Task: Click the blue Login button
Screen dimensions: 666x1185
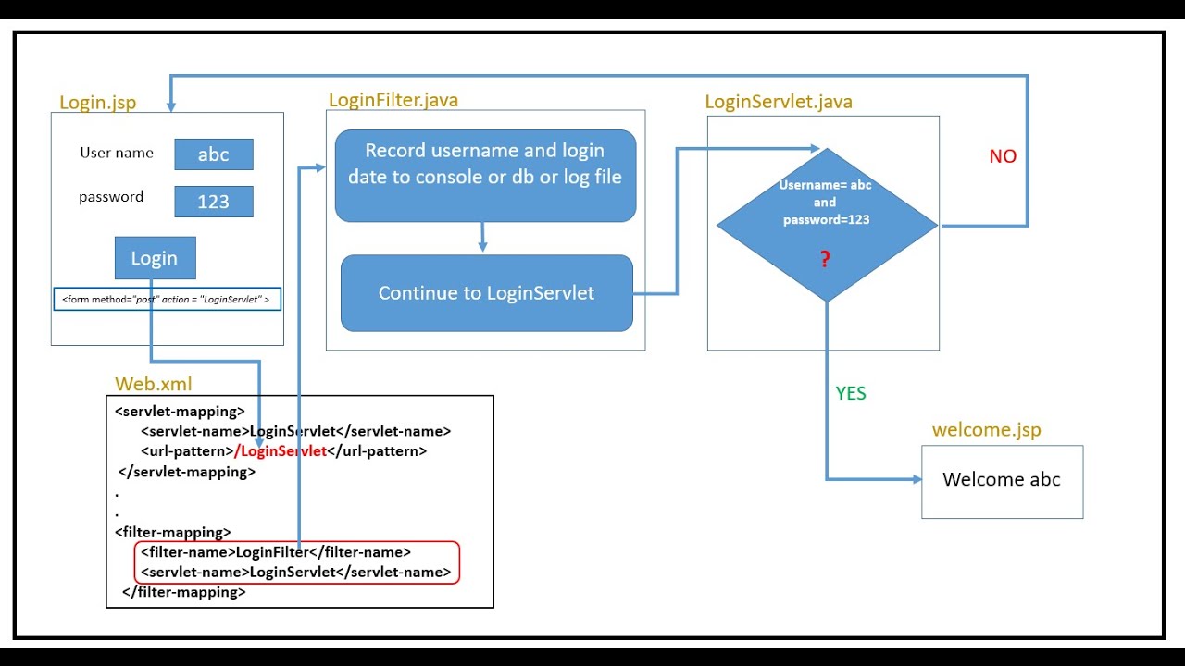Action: click(x=155, y=258)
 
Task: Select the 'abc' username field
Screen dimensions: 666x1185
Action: click(x=213, y=154)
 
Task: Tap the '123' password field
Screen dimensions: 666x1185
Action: click(x=213, y=202)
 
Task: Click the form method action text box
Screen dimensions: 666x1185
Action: click(x=167, y=299)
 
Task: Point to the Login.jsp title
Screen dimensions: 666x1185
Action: click(x=97, y=103)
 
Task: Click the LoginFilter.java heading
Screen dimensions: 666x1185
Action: click(x=393, y=100)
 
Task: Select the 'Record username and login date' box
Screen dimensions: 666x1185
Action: click(x=485, y=175)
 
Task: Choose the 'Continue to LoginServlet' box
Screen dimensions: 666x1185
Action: click(x=486, y=293)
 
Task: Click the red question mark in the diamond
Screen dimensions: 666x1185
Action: click(x=825, y=260)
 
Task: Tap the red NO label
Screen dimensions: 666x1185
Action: click(x=1003, y=156)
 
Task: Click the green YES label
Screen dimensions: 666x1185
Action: click(x=851, y=393)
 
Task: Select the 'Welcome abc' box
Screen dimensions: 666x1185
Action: click(x=1002, y=481)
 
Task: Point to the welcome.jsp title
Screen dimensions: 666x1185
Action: click(x=986, y=430)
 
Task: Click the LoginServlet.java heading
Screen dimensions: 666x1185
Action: click(x=779, y=102)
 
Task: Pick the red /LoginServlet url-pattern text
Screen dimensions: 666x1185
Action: click(x=281, y=451)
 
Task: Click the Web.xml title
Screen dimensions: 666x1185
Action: click(x=154, y=384)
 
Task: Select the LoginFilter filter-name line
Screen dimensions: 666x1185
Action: click(x=276, y=552)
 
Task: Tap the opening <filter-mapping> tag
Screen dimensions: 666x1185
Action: click(x=173, y=532)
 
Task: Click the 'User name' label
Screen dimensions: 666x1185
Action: click(x=117, y=153)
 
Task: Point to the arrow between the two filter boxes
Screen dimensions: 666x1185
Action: click(x=482, y=237)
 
